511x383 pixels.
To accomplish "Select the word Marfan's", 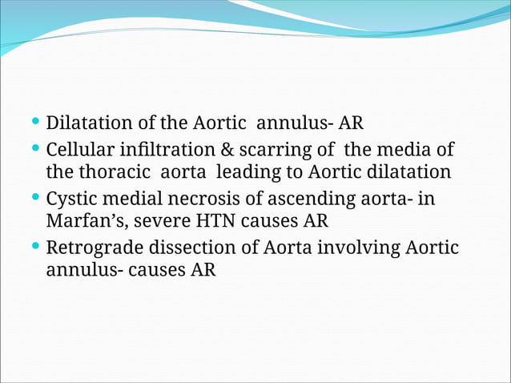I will pos(83,220).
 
